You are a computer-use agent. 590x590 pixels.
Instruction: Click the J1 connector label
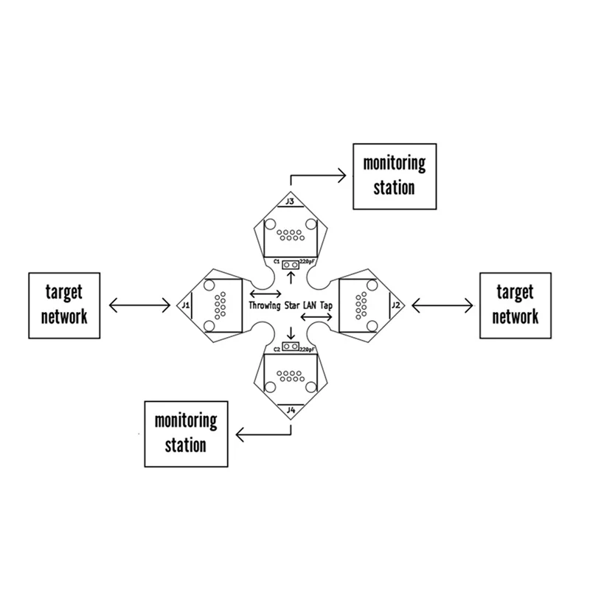point(186,305)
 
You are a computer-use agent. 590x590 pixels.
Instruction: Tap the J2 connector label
point(396,305)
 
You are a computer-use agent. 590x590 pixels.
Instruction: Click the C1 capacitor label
point(276,262)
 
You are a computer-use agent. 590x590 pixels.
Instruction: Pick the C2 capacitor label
point(276,347)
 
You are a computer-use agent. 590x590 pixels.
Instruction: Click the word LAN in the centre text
point(310,305)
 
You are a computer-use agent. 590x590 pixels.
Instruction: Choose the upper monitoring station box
point(394,177)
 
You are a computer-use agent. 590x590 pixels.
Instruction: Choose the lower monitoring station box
point(186,434)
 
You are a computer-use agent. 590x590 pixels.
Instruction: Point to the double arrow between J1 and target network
point(139,304)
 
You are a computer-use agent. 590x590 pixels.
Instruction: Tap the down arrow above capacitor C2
point(292,332)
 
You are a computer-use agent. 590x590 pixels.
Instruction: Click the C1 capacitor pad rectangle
point(292,263)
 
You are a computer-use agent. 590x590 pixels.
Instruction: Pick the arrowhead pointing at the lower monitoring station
point(240,436)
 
